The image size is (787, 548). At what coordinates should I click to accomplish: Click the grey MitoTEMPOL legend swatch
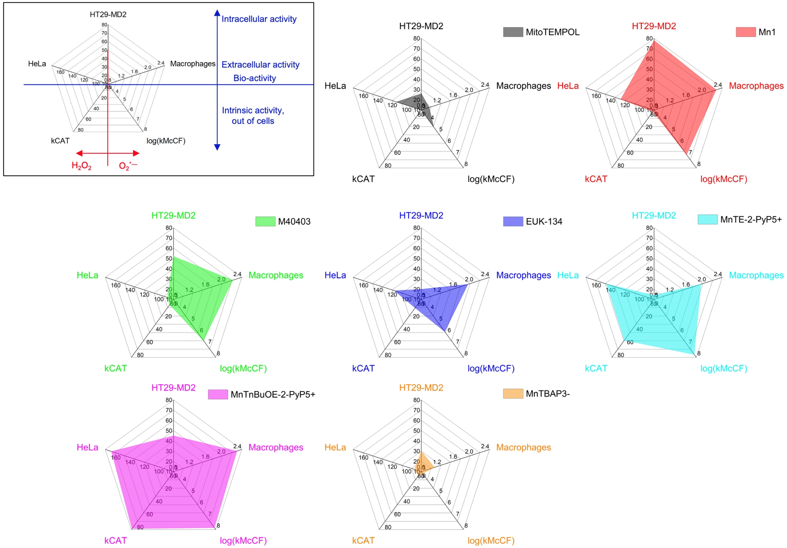tap(513, 32)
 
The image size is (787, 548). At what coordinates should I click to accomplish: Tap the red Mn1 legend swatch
tap(746, 32)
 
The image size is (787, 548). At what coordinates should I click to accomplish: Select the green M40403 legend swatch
tap(265, 222)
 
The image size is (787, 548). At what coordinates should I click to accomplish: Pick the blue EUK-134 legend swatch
tap(513, 222)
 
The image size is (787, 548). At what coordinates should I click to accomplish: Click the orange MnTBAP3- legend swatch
tap(513, 394)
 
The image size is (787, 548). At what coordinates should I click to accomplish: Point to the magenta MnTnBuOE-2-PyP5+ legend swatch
tap(218, 394)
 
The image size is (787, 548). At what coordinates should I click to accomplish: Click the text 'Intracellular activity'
tap(259, 19)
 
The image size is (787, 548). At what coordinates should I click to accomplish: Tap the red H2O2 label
tap(81, 165)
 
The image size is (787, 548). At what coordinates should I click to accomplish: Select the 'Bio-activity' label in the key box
tap(255, 78)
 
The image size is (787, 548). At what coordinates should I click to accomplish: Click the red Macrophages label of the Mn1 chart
tap(756, 86)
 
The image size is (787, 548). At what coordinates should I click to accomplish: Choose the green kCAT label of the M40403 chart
tap(116, 368)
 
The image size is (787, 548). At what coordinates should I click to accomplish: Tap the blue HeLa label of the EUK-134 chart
tap(335, 275)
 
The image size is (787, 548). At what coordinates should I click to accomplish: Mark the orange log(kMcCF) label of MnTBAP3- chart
tap(491, 541)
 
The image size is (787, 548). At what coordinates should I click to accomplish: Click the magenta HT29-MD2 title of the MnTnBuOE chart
tap(173, 387)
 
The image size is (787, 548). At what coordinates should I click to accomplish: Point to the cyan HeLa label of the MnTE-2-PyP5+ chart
tap(568, 275)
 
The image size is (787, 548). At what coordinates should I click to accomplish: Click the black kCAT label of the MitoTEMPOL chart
tap(363, 179)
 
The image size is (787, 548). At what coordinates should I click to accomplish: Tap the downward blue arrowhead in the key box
tap(217, 147)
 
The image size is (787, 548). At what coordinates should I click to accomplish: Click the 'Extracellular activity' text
tap(260, 65)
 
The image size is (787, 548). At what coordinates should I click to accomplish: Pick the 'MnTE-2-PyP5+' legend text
tap(751, 220)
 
